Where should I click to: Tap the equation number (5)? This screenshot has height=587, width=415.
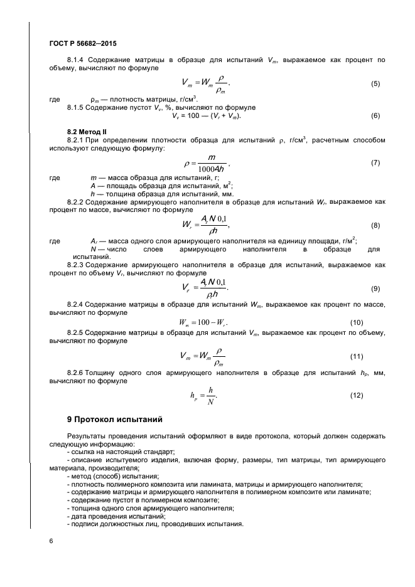coord(375,83)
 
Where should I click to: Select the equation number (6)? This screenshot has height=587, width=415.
coord(375,115)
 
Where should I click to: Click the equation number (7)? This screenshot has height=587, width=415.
coord(375,162)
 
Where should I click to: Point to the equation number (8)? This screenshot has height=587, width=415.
coord(375,225)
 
